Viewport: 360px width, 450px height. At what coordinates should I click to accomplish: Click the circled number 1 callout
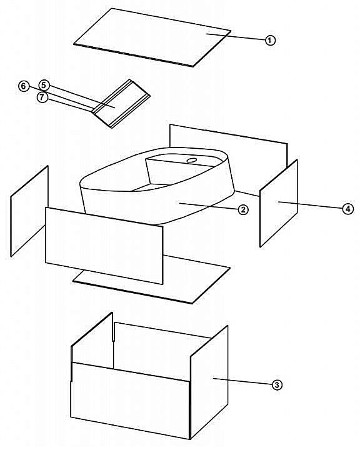(269, 40)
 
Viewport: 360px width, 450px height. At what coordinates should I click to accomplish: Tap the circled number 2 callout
(243, 209)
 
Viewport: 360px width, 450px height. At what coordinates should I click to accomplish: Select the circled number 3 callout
(277, 385)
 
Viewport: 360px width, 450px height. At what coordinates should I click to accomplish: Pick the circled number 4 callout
(348, 209)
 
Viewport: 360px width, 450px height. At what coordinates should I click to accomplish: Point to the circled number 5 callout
(44, 85)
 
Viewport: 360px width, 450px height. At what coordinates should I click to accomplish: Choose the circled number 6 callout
(24, 86)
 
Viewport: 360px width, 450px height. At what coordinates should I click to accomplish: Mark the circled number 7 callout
(42, 97)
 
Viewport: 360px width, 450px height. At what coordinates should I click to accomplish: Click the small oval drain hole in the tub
(191, 160)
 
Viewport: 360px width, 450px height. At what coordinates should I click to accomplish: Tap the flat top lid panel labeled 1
(152, 37)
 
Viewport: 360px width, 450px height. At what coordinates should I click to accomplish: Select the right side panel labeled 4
(279, 203)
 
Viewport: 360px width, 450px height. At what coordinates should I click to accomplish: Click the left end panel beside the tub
(29, 211)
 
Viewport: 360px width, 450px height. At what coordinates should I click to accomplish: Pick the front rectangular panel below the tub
(104, 246)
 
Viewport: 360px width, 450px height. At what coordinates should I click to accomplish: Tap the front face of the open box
(130, 401)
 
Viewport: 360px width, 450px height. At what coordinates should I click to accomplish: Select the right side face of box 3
(209, 382)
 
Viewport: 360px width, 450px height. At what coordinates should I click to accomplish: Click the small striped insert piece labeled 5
(121, 103)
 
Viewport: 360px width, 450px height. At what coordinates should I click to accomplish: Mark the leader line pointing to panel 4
(310, 205)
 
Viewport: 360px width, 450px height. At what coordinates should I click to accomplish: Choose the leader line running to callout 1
(236, 37)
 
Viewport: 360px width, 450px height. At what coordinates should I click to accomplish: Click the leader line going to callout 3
(242, 382)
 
